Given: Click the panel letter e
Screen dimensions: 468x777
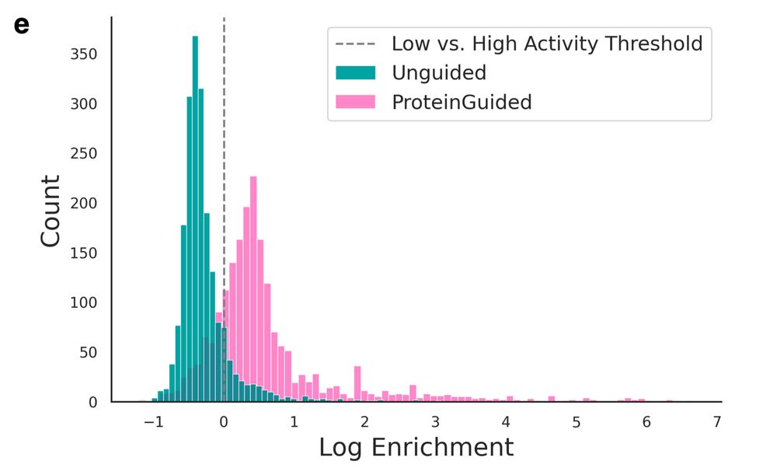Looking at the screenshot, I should coord(22,25).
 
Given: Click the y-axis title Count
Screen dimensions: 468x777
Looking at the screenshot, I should coord(51,211).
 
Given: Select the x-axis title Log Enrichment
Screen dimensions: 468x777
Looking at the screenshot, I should coord(416,447).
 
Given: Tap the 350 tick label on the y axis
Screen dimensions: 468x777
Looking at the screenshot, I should coord(85,54).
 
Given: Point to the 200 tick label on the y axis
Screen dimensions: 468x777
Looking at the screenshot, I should coord(85,204).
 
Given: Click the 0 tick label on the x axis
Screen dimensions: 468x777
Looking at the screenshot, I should coord(224,423).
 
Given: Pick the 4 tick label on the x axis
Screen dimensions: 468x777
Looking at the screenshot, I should coord(506,423).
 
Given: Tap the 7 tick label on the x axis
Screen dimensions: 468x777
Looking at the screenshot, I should coord(717,423).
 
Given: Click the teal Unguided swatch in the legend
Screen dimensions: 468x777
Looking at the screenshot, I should coord(355,73).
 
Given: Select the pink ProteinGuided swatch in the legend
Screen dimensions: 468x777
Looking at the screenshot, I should coord(355,102).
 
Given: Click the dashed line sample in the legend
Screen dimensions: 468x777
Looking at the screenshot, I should coord(355,44).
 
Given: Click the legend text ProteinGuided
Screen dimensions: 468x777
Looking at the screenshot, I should coord(462,102).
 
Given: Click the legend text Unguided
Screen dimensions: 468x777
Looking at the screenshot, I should coord(439,73).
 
